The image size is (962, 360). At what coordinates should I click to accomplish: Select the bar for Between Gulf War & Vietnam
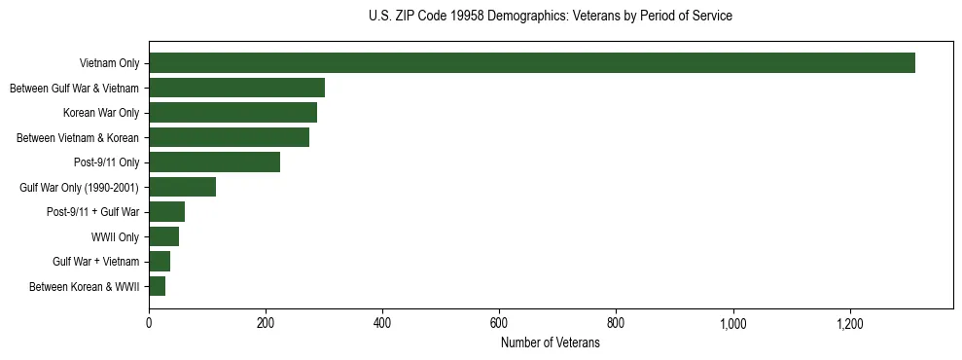(236, 88)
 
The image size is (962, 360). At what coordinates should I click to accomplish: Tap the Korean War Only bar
(232, 113)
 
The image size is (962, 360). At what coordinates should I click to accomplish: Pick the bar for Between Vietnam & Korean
(229, 137)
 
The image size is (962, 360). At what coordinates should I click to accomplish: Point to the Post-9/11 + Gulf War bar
(166, 212)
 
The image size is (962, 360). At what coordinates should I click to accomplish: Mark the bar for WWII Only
(163, 236)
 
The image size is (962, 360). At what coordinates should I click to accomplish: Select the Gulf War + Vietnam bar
(160, 262)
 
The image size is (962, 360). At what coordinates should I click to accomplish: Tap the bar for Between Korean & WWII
(157, 286)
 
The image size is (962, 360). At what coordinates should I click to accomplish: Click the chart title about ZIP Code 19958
(551, 17)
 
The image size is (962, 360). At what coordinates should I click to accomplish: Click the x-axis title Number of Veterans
(551, 343)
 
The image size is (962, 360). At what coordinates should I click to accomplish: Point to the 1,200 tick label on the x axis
(850, 323)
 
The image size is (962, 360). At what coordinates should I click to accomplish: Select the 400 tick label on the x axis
(382, 323)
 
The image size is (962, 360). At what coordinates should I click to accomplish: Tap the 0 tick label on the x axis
(149, 323)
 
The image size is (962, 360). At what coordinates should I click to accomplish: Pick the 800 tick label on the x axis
(616, 323)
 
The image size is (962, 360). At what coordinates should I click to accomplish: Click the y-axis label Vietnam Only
(109, 64)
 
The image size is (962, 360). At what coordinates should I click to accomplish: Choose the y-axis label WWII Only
(115, 237)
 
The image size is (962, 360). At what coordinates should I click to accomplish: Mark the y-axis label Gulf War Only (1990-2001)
(79, 188)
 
